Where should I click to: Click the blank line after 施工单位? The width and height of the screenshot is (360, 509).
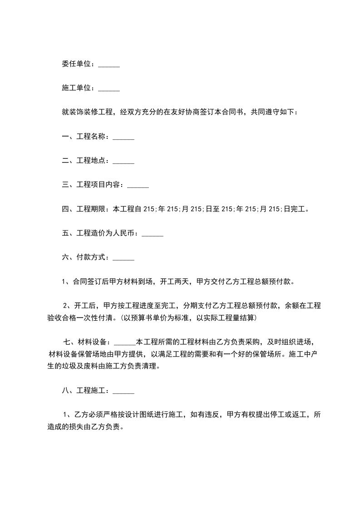point(109,88)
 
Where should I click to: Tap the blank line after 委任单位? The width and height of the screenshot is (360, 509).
point(109,64)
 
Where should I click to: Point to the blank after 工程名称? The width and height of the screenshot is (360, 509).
point(123,137)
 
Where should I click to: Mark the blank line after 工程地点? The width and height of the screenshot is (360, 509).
point(123,161)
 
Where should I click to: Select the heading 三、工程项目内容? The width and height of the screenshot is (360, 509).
point(92,185)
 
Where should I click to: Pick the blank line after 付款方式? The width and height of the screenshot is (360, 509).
point(123,258)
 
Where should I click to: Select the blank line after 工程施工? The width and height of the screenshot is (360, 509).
point(123,391)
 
